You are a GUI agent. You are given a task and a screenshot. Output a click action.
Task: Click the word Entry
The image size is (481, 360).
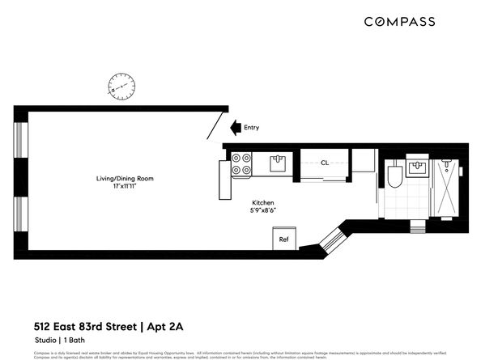[252, 127]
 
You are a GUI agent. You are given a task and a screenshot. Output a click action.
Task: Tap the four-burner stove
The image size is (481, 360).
[241, 164]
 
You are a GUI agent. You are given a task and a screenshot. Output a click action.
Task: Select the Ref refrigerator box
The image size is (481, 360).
[284, 239]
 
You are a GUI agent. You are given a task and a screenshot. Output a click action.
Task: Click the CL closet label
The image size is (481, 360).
[325, 163]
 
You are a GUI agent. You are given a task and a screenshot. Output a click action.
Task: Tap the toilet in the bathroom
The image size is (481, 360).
[394, 176]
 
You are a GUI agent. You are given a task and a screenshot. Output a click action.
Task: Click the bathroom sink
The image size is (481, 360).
[419, 168]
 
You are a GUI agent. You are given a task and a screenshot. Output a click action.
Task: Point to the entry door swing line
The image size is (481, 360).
[217, 126]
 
